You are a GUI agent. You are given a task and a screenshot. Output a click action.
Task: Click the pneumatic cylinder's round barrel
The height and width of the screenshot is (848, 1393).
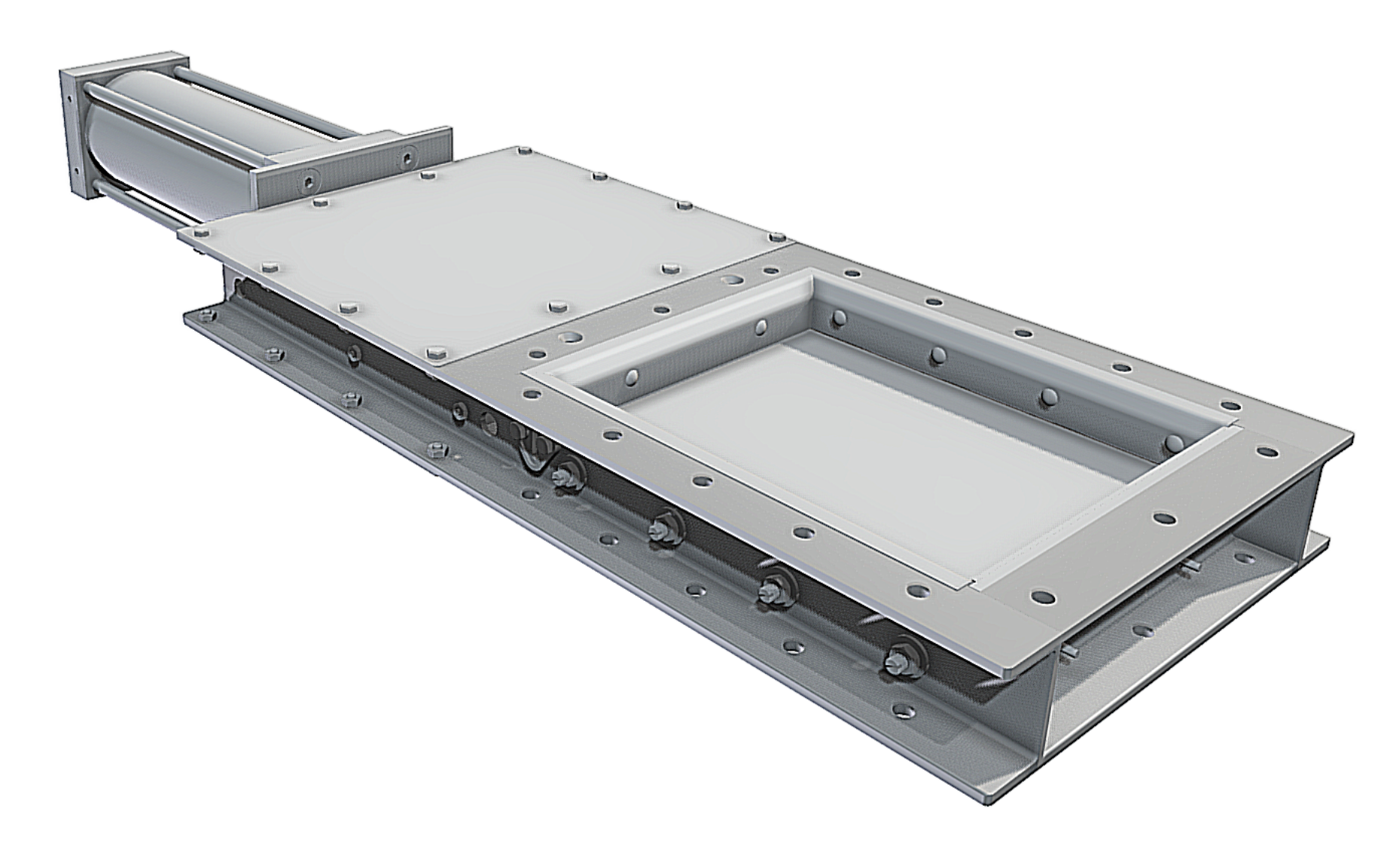(x=173, y=151)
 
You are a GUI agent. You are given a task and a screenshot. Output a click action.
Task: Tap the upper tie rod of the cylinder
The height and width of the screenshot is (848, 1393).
(x=226, y=105)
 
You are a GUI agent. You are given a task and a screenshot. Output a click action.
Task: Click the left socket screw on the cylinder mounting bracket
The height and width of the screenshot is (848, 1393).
(x=309, y=181)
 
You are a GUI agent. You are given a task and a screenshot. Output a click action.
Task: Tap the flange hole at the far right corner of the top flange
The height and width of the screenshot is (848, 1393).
(x=1268, y=453)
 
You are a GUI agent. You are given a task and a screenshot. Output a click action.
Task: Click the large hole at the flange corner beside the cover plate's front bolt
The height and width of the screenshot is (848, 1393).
(x=569, y=337)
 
